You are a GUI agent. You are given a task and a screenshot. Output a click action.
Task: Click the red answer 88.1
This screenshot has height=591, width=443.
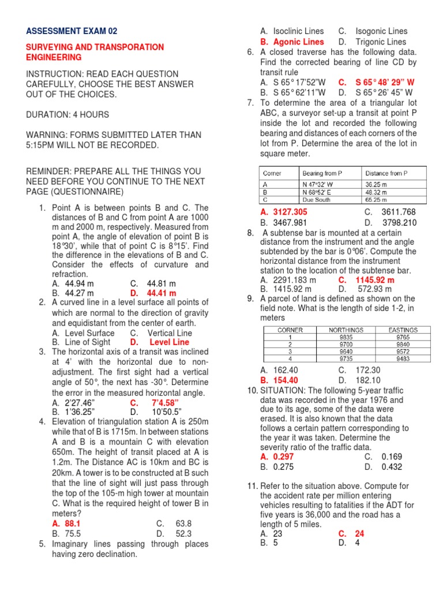tap(73, 523)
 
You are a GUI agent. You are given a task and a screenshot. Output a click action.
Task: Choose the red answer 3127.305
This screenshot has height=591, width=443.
tap(290, 212)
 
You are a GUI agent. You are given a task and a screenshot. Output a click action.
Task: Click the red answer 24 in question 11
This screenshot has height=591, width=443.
tap(359, 534)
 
